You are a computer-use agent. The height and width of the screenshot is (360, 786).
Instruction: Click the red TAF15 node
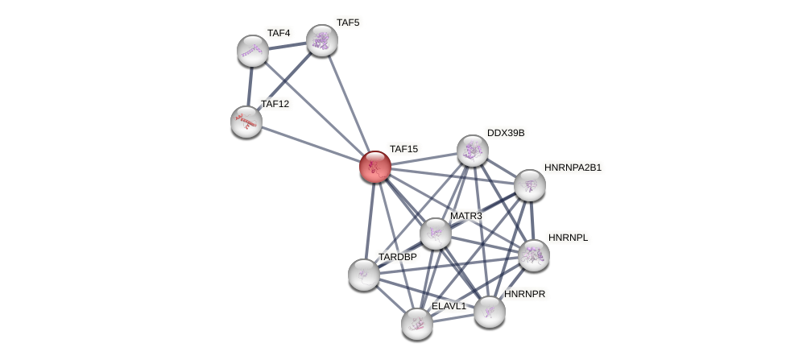click(x=375, y=167)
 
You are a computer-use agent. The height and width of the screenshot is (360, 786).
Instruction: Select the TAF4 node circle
click(x=253, y=51)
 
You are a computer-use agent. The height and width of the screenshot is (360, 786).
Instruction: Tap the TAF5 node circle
click(x=321, y=40)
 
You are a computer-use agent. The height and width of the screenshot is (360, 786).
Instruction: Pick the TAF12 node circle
click(x=246, y=122)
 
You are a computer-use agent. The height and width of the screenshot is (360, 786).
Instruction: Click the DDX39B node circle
click(x=473, y=151)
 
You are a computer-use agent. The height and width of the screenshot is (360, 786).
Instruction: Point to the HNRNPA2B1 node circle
click(x=530, y=185)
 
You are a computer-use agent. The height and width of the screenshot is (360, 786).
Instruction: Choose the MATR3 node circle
click(x=436, y=234)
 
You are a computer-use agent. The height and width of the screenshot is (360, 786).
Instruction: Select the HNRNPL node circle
click(x=533, y=255)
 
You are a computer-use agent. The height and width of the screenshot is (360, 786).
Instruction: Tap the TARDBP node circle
click(x=364, y=275)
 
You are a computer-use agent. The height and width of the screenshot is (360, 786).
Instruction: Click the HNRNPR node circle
click(x=490, y=312)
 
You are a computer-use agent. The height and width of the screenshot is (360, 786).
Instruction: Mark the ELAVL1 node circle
click(x=417, y=324)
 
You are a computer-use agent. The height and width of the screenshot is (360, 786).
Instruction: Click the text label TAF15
click(x=403, y=149)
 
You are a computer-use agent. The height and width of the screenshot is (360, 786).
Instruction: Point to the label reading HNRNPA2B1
click(x=573, y=168)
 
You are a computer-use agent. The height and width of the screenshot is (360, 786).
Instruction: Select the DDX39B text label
click(x=506, y=133)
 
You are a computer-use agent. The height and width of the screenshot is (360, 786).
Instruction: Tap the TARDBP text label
click(x=398, y=257)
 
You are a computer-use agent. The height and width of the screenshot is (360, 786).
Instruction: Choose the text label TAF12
click(x=275, y=104)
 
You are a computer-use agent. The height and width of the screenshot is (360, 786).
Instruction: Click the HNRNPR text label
click(x=524, y=294)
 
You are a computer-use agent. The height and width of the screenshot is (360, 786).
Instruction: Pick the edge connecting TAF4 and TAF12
click(x=250, y=86)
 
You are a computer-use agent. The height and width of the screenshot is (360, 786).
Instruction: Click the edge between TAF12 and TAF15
click(x=310, y=144)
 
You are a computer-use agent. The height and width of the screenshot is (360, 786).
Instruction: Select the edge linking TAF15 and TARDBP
click(x=370, y=221)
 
